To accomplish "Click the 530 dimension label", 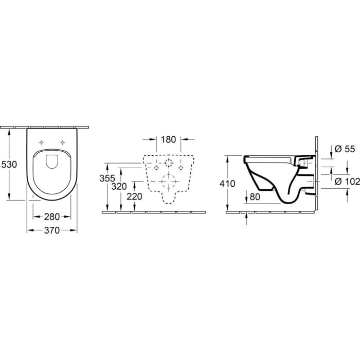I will [9, 165].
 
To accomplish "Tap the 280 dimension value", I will [52, 217].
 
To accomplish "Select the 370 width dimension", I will [52, 231].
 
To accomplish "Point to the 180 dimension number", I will [169, 139].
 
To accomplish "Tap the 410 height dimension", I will [227, 184].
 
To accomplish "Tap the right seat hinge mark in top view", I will [63, 142].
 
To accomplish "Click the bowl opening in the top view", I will [52, 161].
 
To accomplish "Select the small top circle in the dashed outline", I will [168, 164].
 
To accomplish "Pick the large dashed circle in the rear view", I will [168, 181].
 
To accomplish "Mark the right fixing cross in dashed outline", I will [181, 167].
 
